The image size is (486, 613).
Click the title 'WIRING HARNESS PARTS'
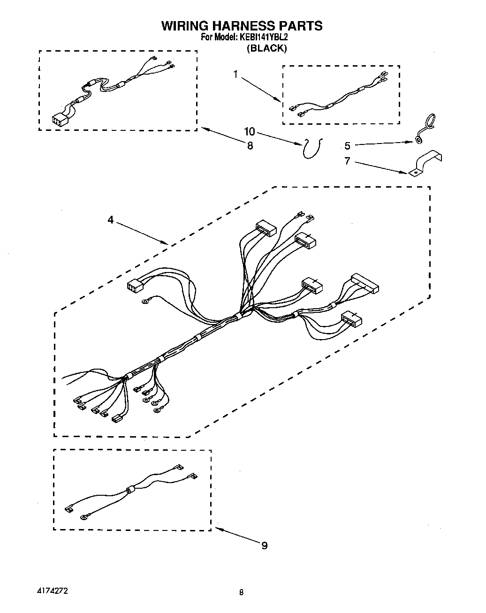(x=242, y=26)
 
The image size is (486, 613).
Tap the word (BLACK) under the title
(x=266, y=48)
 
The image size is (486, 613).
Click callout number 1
(x=236, y=74)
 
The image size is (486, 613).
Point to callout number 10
(x=250, y=131)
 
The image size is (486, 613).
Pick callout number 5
(x=347, y=146)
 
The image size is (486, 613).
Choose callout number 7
(x=347, y=161)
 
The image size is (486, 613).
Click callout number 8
(x=250, y=146)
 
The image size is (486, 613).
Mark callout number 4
(x=111, y=219)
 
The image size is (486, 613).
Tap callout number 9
(x=265, y=545)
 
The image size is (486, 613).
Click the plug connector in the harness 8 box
(x=59, y=121)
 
